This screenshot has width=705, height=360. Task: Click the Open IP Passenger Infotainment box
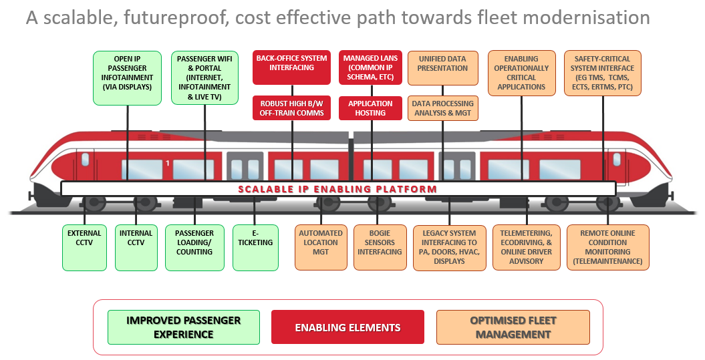[x=128, y=77]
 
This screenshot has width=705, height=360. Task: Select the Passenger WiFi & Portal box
[x=205, y=77]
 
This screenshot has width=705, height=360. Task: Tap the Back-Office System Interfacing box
[x=291, y=67]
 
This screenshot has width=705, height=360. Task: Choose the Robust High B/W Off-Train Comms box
[x=291, y=108]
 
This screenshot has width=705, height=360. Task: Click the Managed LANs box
[x=370, y=67]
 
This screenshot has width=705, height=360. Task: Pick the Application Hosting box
[x=370, y=108]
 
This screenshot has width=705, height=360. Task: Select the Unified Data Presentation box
[x=442, y=67]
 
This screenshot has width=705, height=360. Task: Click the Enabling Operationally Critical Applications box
[x=521, y=73]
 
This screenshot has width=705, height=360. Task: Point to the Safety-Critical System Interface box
[x=603, y=73]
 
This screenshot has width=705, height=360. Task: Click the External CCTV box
[x=84, y=247]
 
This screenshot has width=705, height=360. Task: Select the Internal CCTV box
[x=136, y=247]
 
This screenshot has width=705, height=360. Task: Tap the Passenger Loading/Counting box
[x=194, y=247]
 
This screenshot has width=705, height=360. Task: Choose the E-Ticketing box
[x=255, y=247]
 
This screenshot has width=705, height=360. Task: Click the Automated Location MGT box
[x=321, y=247]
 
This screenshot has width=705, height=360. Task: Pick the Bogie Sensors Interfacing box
[x=380, y=247]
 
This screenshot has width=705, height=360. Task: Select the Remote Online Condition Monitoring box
[x=607, y=247]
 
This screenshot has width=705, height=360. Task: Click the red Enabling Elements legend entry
[x=347, y=327]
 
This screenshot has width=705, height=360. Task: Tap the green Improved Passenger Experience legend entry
[x=183, y=327]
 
